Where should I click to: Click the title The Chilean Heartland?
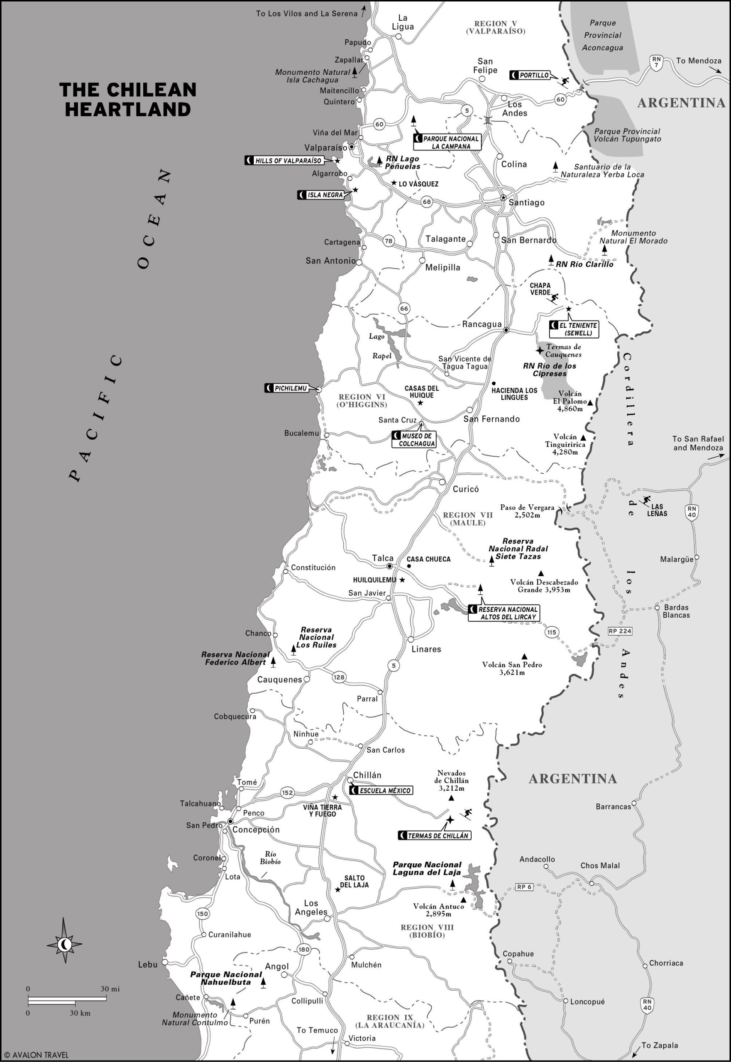[128, 99]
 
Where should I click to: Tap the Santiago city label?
[526, 202]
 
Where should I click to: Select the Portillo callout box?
[530, 75]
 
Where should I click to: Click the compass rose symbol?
[65, 943]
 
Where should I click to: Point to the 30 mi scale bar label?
[110, 989]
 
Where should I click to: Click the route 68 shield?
[427, 202]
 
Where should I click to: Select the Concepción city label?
[256, 829]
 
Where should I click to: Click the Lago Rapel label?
[379, 346]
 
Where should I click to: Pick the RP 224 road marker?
[620, 631]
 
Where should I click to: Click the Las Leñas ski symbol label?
[657, 510]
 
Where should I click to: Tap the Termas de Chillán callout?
[434, 835]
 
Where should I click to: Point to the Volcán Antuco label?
[438, 910]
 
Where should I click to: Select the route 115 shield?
[551, 632]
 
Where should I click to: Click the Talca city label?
[382, 558]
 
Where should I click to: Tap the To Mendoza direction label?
[698, 61]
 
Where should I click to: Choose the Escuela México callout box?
[381, 790]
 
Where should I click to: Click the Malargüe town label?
[676, 559]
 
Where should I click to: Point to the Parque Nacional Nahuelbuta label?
[226, 978]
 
